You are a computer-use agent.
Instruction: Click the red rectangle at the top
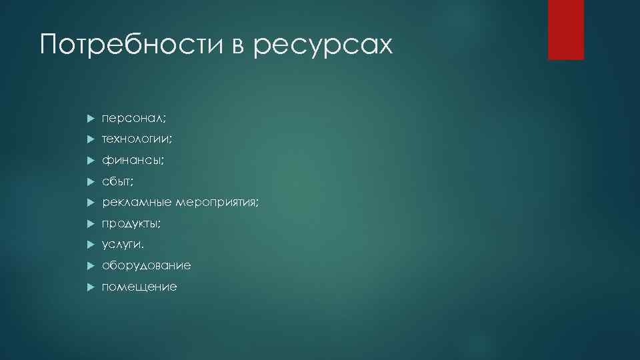[x=565, y=30]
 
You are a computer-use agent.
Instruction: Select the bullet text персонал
[x=134, y=118]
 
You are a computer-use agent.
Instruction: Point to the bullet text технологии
[x=137, y=139]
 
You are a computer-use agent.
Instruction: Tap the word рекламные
[x=137, y=202]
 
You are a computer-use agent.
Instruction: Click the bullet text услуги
[x=123, y=245]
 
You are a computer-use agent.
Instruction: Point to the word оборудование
[x=146, y=265]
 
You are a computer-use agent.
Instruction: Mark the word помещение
[x=139, y=287]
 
